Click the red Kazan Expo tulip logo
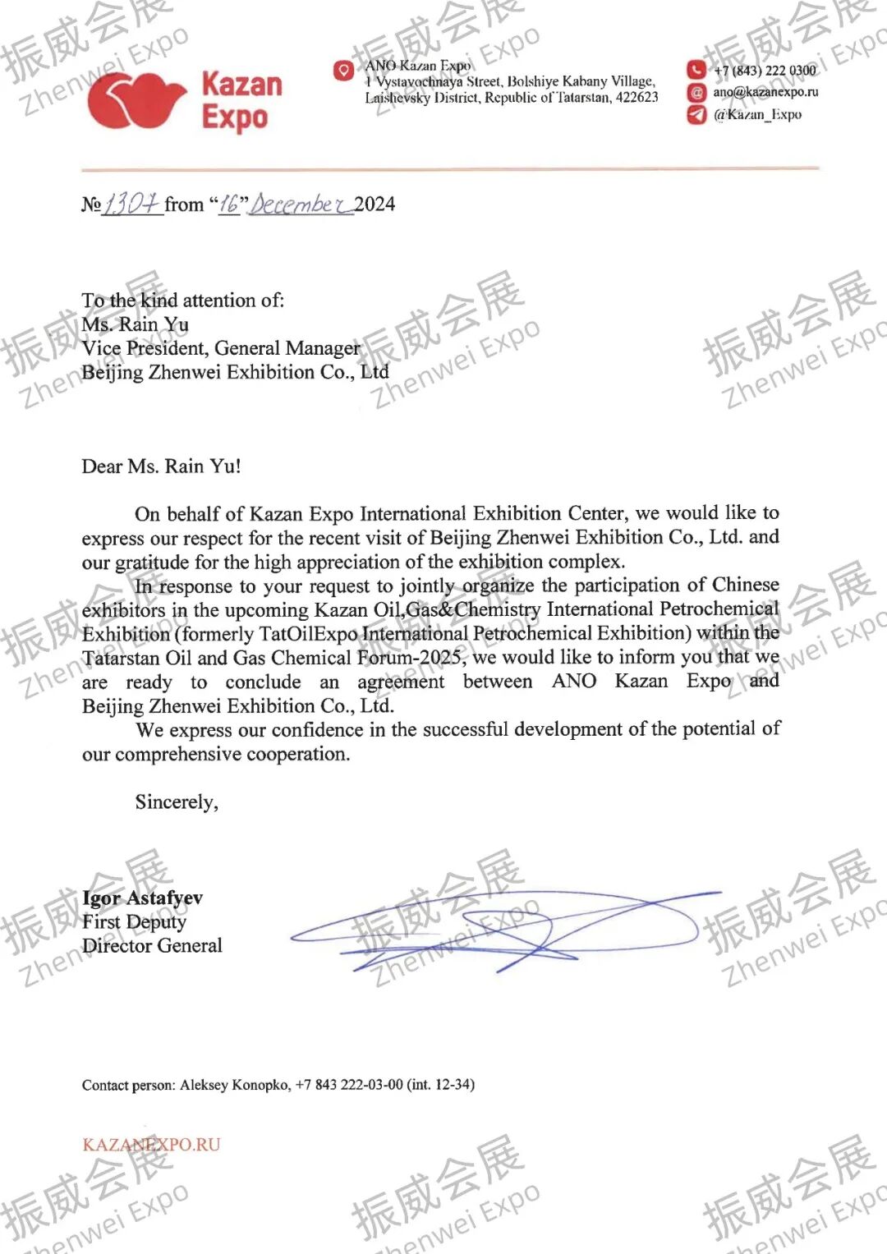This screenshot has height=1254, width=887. tap(136, 101)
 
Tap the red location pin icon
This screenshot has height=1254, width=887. tap(343, 71)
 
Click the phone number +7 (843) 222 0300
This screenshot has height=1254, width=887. tap(765, 71)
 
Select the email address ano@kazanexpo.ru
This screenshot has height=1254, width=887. tap(765, 92)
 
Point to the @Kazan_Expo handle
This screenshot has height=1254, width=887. tap(757, 115)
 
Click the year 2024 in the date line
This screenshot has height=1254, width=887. tap(375, 204)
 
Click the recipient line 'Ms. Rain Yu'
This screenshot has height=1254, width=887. tap(136, 324)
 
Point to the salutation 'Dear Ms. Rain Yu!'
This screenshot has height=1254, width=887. tap(161, 466)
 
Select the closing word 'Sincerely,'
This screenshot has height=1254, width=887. tap(177, 802)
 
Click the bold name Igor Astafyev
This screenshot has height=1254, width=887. tap(143, 898)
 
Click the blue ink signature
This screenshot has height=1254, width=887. tap(501, 928)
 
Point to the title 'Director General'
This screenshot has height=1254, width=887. tap(152, 946)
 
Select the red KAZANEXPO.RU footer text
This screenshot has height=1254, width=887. tap(151, 1145)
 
